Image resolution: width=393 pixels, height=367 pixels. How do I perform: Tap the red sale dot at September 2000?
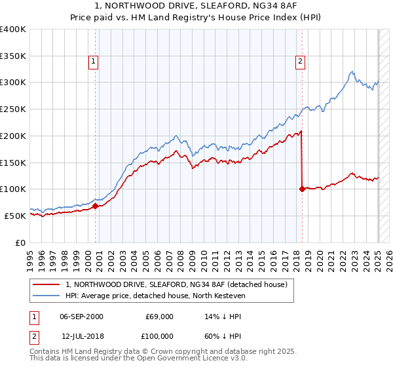pos(95,206)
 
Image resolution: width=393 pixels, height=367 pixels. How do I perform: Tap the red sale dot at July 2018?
pos(302,189)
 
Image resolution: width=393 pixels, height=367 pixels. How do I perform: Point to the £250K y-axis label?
pos(13,109)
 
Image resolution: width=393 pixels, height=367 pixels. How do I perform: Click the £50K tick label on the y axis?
pos(16,216)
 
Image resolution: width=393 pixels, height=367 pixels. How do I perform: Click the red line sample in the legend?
pos(47,284)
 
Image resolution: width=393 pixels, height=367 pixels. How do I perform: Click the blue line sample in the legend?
pos(47,295)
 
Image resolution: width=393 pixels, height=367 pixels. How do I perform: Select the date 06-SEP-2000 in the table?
pos(81,317)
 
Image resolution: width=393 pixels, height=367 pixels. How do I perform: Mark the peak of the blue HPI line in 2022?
pos(352,71)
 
